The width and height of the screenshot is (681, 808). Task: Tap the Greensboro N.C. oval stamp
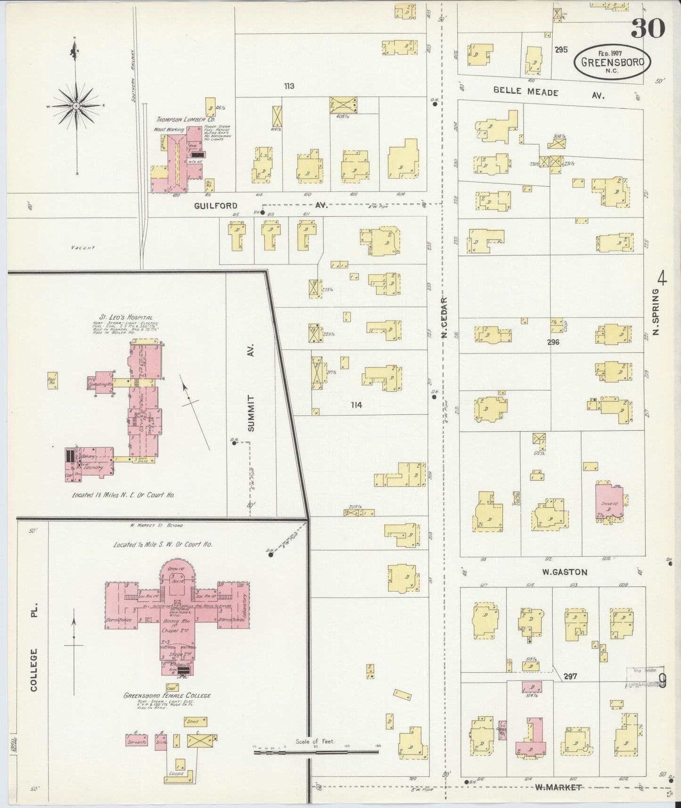point(612,62)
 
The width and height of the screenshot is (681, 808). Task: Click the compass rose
point(76,106)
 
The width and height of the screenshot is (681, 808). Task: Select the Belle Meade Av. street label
point(526,92)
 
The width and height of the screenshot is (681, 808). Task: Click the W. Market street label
point(558,787)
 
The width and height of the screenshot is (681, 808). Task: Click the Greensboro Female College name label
point(167,695)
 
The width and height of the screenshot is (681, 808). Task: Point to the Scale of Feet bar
point(316,751)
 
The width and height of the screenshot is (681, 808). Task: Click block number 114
point(356,404)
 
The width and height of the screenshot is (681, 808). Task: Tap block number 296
point(553,342)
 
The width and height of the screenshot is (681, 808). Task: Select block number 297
point(570,676)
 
